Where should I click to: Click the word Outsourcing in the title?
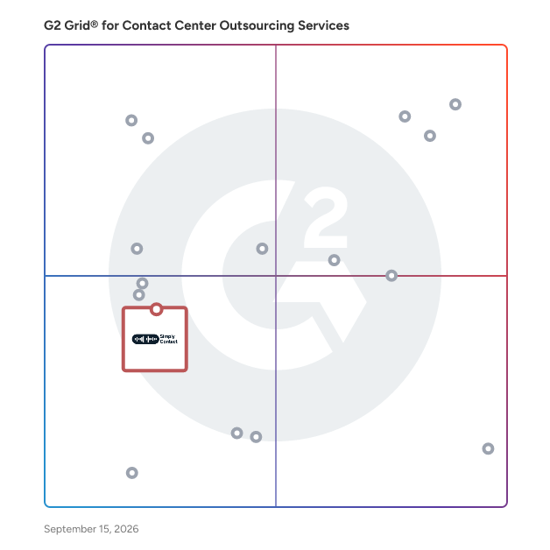click(257, 25)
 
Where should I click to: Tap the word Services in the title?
click(323, 25)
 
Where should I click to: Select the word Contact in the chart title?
click(147, 25)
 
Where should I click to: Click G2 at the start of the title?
click(53, 25)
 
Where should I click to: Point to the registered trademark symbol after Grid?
click(95, 24)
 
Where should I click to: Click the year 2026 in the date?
click(126, 529)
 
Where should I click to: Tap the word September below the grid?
click(70, 529)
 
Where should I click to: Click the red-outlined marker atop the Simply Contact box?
click(157, 309)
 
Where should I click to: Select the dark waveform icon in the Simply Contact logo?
click(145, 339)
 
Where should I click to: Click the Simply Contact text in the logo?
click(169, 339)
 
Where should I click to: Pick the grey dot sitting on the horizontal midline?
click(391, 276)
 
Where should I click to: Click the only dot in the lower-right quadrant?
click(488, 448)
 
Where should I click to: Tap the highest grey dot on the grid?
click(455, 104)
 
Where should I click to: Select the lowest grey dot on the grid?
click(132, 473)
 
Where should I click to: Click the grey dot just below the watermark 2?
click(334, 260)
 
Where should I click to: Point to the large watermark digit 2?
click(326, 217)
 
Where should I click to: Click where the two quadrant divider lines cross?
click(276, 276)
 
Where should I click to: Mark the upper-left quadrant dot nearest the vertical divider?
click(262, 249)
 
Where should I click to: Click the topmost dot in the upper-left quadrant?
click(131, 120)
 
